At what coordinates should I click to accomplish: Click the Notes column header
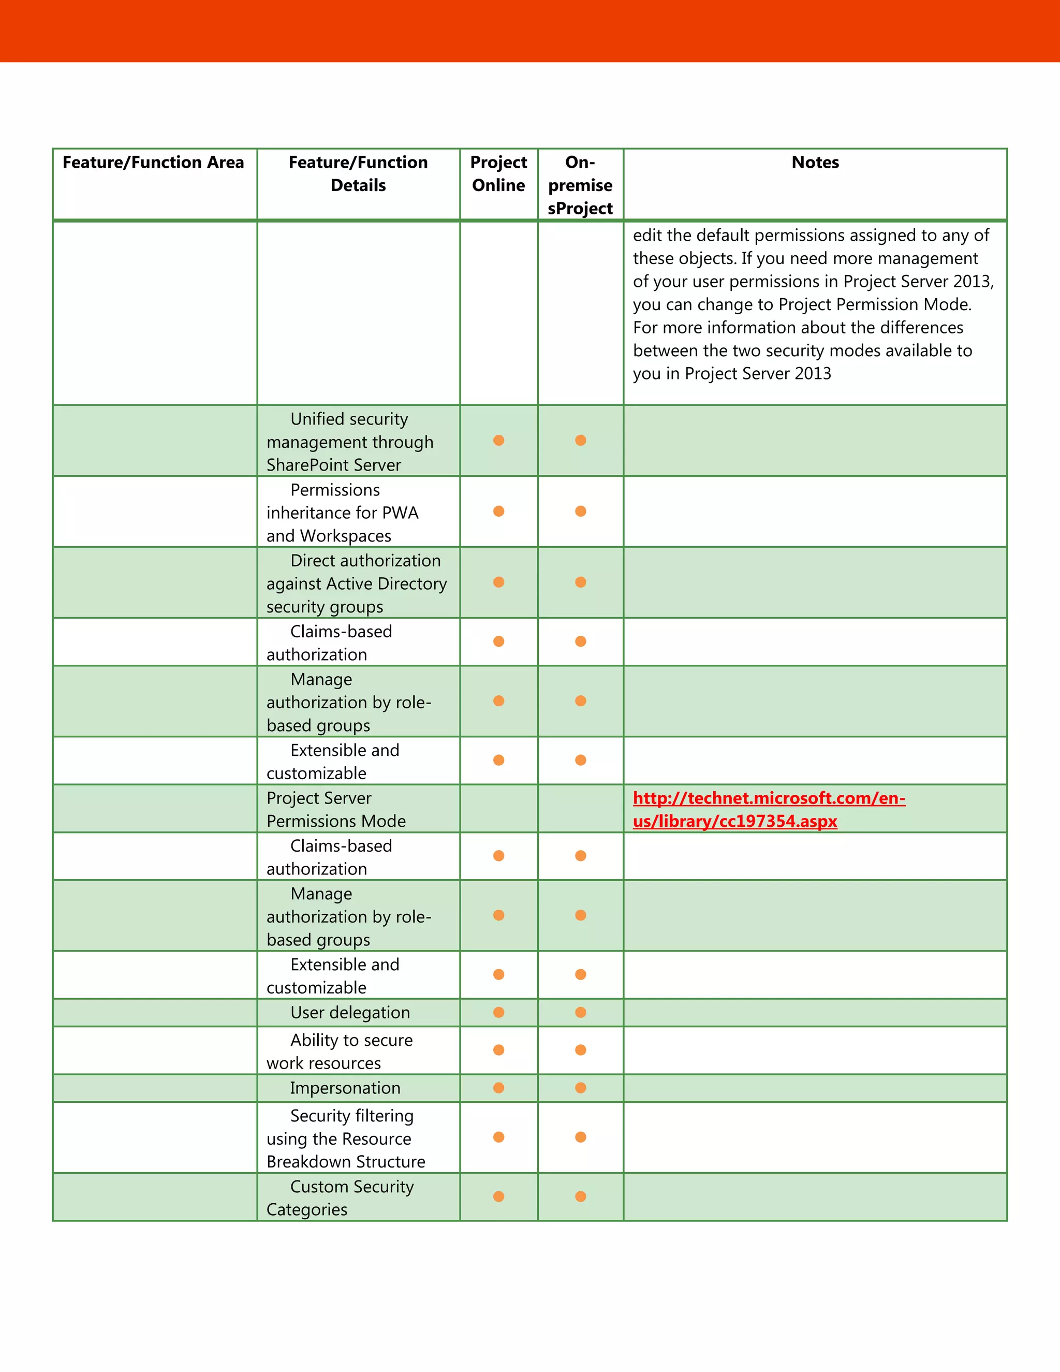[x=815, y=163]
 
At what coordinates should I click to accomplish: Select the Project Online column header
[x=498, y=174]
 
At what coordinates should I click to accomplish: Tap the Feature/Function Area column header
[x=153, y=163]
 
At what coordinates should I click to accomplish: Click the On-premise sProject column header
[x=580, y=185]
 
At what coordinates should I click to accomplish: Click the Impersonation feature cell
[x=345, y=1088]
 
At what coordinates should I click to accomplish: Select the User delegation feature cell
[x=350, y=1013]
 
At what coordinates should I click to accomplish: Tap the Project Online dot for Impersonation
[x=498, y=1088]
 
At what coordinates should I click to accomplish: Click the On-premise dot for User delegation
[x=581, y=1013]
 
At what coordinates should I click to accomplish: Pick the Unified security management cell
[x=350, y=442]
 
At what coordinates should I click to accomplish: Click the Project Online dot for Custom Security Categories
[x=498, y=1196]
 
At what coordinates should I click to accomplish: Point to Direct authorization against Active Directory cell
[x=356, y=583]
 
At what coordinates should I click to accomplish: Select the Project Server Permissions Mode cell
[x=336, y=810]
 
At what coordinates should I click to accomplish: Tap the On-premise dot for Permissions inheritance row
[x=581, y=512]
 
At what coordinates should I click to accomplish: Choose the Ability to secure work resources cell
[x=340, y=1052]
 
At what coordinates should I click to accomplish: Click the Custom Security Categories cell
[x=340, y=1198]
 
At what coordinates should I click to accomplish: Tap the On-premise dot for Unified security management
[x=581, y=441]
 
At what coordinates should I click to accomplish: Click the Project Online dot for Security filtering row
[x=498, y=1137]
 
